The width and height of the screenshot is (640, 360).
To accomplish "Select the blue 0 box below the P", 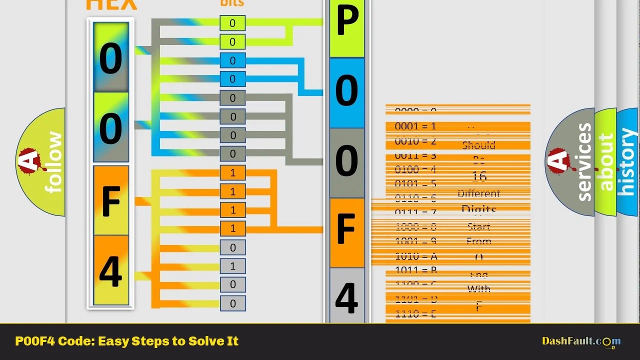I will click(347, 92).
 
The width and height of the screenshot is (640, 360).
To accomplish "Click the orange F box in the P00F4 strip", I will click(347, 231).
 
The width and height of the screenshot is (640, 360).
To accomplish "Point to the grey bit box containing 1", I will click(232, 266).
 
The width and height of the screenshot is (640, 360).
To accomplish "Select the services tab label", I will click(583, 162).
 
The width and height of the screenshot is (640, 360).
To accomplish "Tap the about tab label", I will click(605, 162).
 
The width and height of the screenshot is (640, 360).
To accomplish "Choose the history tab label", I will click(627, 162).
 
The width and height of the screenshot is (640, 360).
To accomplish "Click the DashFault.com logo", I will click(581, 341).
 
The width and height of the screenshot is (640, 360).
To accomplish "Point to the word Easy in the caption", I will click(113, 341).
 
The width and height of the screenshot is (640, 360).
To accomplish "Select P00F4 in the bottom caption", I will click(34, 341).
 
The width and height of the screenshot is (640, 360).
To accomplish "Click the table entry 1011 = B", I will click(416, 270).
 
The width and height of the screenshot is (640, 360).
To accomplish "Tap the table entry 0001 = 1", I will click(415, 126).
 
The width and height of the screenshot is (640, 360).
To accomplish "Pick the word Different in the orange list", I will click(478, 193).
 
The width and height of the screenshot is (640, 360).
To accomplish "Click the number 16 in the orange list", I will click(479, 176).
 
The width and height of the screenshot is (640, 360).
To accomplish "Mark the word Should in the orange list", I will click(478, 145).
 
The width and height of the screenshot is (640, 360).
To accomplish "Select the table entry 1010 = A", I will click(416, 256).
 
